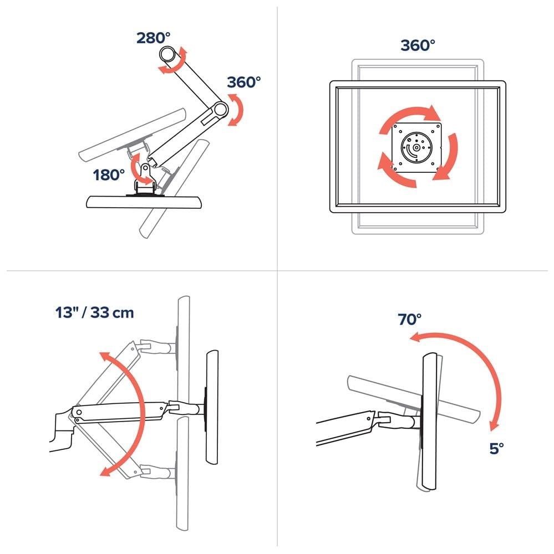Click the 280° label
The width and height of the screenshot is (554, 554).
click(154, 38)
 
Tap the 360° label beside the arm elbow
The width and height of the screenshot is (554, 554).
click(244, 82)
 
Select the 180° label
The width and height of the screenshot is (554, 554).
click(109, 175)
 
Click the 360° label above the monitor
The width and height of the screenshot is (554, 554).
click(418, 45)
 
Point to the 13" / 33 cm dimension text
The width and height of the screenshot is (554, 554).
click(94, 312)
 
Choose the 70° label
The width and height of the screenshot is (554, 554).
click(410, 319)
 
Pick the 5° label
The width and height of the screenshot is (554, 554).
click(496, 448)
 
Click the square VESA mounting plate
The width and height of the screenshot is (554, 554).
click(417, 147)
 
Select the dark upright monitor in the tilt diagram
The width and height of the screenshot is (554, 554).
click(429, 421)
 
